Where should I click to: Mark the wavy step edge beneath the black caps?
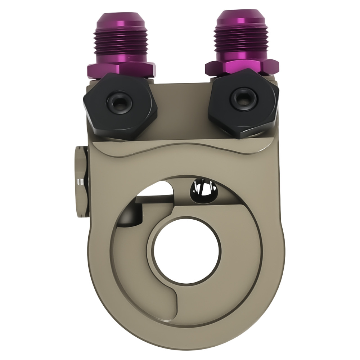pyautogui.click(x=180, y=148)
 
